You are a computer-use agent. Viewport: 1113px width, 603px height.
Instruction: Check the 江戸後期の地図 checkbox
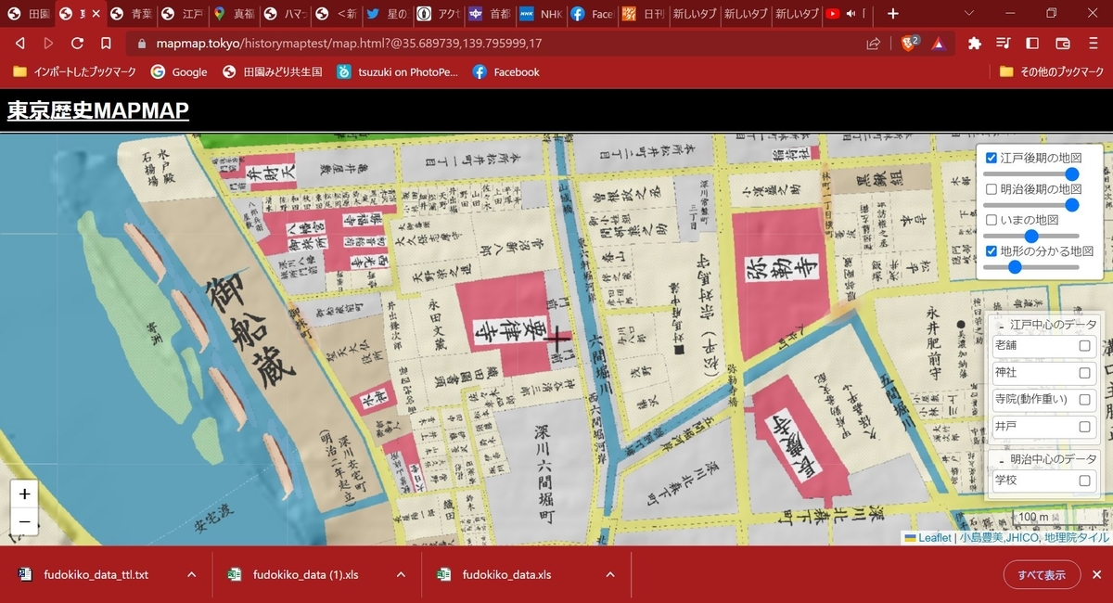pyautogui.click(x=991, y=159)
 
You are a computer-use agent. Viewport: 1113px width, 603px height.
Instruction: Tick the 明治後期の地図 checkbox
pyautogui.click(x=991, y=189)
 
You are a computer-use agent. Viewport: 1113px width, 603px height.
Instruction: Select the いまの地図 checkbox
pyautogui.click(x=991, y=220)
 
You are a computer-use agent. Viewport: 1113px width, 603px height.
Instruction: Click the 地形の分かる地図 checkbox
pyautogui.click(x=991, y=250)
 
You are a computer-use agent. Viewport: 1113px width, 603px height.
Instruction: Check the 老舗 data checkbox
pyautogui.click(x=1084, y=346)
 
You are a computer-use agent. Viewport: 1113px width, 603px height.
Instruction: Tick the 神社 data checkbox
pyautogui.click(x=1084, y=373)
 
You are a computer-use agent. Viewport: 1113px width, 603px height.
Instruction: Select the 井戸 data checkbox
pyautogui.click(x=1084, y=427)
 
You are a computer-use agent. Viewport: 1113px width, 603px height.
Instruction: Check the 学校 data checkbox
pyautogui.click(x=1084, y=481)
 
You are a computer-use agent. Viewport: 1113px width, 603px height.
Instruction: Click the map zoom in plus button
pyautogui.click(x=25, y=494)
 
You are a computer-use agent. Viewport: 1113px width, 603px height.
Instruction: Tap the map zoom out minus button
pyautogui.click(x=25, y=522)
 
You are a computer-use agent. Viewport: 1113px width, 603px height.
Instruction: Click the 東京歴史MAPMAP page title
pyautogui.click(x=98, y=111)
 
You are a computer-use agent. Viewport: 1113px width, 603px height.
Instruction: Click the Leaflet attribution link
pyautogui.click(x=927, y=538)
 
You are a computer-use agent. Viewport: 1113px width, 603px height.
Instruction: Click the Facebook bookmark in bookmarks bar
pyautogui.click(x=506, y=72)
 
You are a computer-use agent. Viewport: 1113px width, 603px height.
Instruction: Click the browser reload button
pyautogui.click(x=77, y=44)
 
